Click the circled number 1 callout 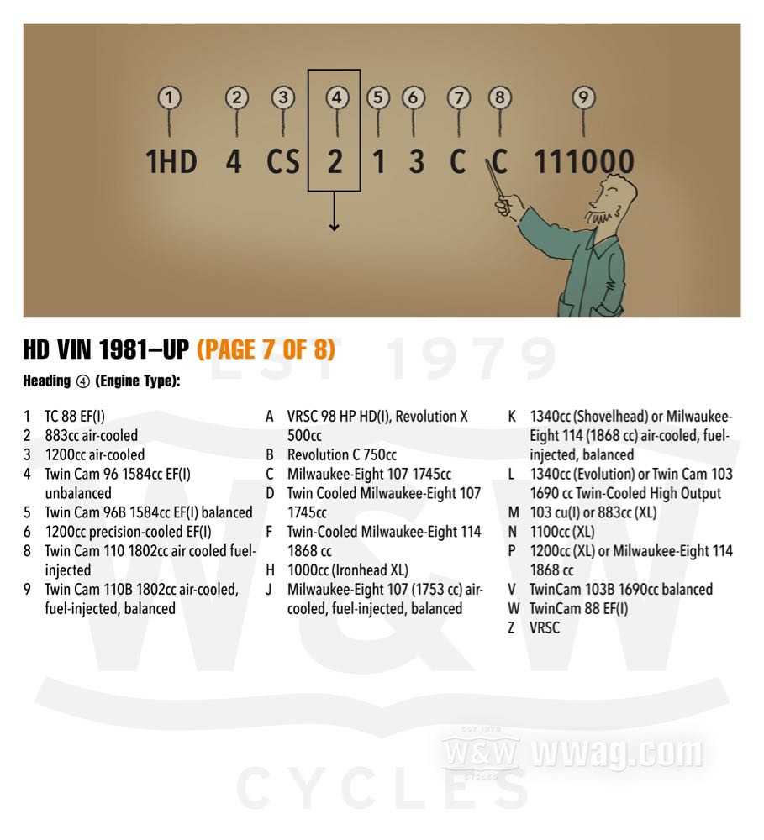(x=170, y=98)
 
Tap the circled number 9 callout (x=583, y=97)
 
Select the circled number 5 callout (x=378, y=98)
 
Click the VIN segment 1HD (x=171, y=161)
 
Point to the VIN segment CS (x=282, y=161)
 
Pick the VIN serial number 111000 (x=584, y=161)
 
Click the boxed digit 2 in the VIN (x=335, y=161)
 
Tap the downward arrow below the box (x=334, y=211)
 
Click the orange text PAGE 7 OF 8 (x=266, y=349)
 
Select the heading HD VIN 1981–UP (x=106, y=349)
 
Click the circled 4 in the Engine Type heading (x=82, y=381)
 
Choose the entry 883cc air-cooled (x=91, y=435)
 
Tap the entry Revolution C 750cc (x=341, y=454)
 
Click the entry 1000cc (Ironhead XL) (x=347, y=570)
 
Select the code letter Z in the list (x=512, y=627)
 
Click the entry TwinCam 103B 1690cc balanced (x=621, y=590)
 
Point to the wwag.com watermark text (x=617, y=753)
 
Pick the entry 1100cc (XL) (x=562, y=532)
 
